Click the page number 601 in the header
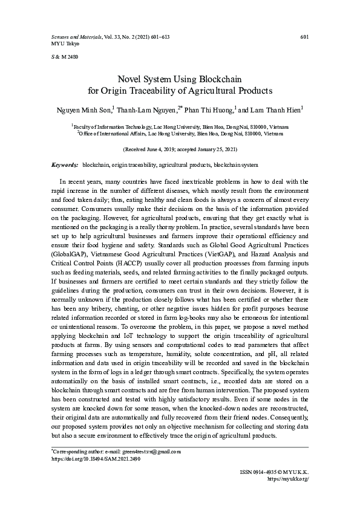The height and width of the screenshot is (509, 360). click(x=305, y=37)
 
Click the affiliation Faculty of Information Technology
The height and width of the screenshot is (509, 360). click(x=110, y=127)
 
